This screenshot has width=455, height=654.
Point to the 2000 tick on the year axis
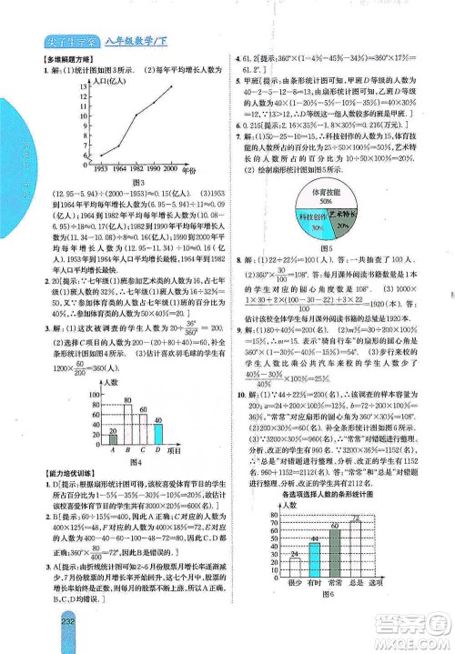pos(170,169)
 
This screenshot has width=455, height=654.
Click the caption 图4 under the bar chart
pos(134,461)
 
